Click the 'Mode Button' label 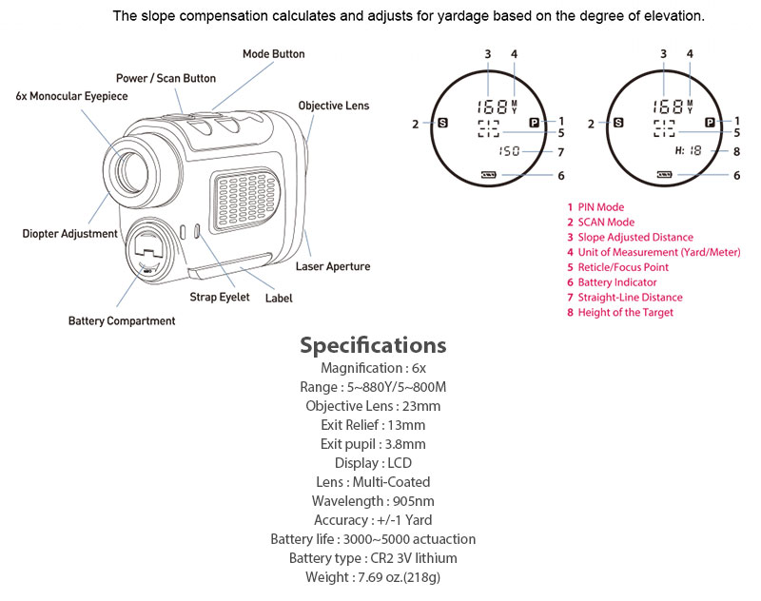click(x=273, y=54)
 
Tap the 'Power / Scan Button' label click(x=166, y=78)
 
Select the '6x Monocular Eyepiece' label click(x=71, y=96)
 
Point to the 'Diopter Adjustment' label click(x=70, y=233)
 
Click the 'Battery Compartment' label click(x=122, y=320)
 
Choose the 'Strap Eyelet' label click(x=219, y=298)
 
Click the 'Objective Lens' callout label click(x=333, y=106)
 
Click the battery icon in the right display click(x=664, y=175)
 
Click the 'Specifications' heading click(x=373, y=344)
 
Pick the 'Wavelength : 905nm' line click(x=373, y=501)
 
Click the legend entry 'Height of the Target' click(x=625, y=313)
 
